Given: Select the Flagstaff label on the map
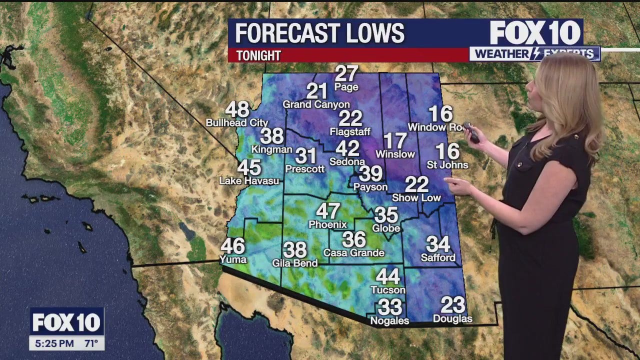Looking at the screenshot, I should (350, 131).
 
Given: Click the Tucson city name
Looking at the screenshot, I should (388, 290).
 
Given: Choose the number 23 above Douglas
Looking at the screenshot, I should (453, 305).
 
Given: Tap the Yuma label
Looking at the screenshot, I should (233, 259).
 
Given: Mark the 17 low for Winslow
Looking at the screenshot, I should (395, 141).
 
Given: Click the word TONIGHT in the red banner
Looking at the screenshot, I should (258, 55).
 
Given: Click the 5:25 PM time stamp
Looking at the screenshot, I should (53, 343).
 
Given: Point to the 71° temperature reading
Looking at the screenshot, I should (90, 343).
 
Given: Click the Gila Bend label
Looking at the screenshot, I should (295, 263).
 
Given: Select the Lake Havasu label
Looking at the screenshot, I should (242, 181).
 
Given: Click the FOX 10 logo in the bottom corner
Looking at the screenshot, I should (66, 323).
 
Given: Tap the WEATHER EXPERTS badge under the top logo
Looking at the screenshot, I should (534, 54).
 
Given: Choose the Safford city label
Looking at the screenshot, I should (438, 257).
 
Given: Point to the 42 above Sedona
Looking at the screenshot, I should (347, 148).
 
